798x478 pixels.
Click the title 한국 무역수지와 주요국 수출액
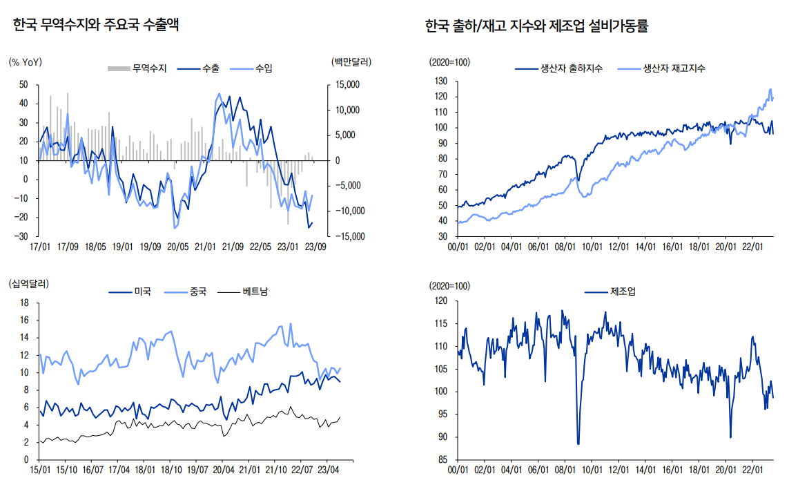[96, 26]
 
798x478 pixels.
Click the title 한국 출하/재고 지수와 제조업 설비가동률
[537, 27]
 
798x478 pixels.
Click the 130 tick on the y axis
[441, 81]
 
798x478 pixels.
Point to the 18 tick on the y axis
[25, 303]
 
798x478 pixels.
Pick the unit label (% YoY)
[26, 62]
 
